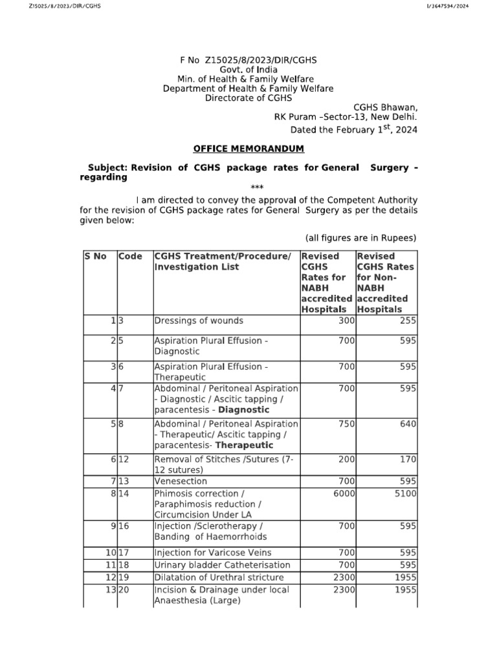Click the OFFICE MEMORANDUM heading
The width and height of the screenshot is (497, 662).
pos(248,149)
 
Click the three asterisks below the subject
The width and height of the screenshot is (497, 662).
pos(248,187)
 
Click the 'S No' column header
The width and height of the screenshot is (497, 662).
pos(96,256)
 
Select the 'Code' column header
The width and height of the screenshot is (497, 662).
pos(131,256)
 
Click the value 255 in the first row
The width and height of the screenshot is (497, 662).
pos(408,321)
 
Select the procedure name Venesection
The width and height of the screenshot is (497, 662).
pos(181,482)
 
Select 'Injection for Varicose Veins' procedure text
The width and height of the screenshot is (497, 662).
pos(203,553)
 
